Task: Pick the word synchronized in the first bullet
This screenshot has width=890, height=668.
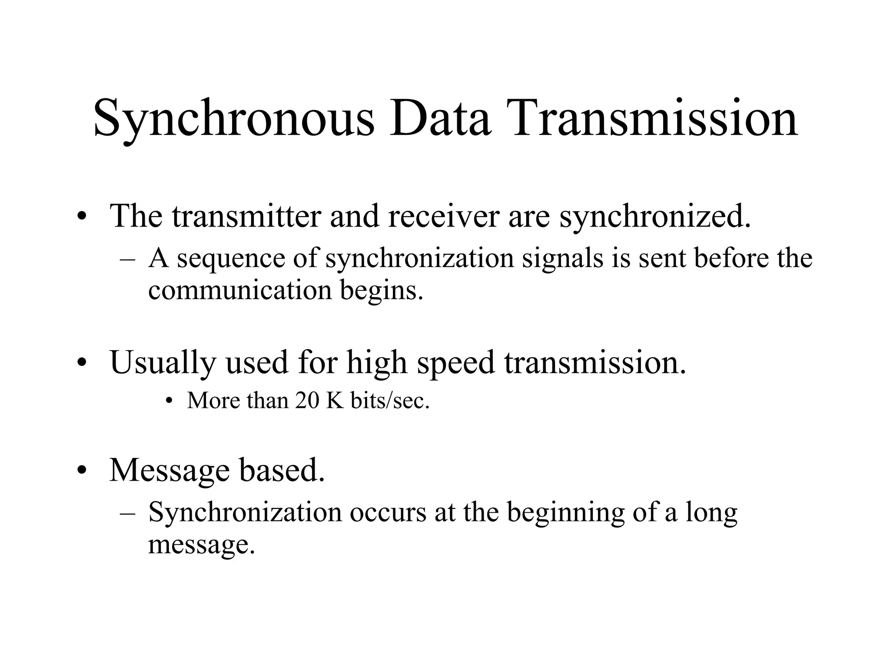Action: (x=655, y=216)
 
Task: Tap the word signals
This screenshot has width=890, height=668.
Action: (x=563, y=258)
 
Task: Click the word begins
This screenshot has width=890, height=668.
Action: (x=381, y=291)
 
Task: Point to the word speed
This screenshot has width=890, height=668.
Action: (x=456, y=363)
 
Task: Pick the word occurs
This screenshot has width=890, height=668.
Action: (x=388, y=513)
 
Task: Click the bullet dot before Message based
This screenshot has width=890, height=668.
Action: (x=81, y=471)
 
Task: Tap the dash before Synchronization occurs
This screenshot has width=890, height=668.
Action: (x=127, y=513)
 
